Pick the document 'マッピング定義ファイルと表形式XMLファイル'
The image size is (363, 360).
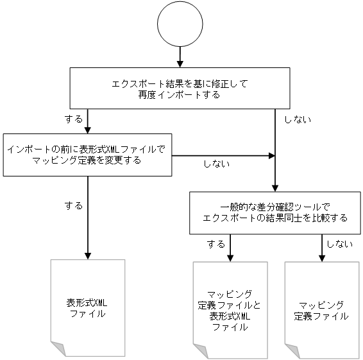(x=230, y=309)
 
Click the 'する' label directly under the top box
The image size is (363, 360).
(x=74, y=119)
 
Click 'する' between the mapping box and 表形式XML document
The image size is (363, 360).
(x=74, y=205)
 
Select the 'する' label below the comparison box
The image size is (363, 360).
(x=216, y=244)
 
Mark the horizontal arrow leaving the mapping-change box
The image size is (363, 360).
(x=221, y=155)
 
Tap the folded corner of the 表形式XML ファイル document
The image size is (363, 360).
(x=58, y=350)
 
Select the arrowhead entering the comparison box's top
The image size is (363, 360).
(x=275, y=186)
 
